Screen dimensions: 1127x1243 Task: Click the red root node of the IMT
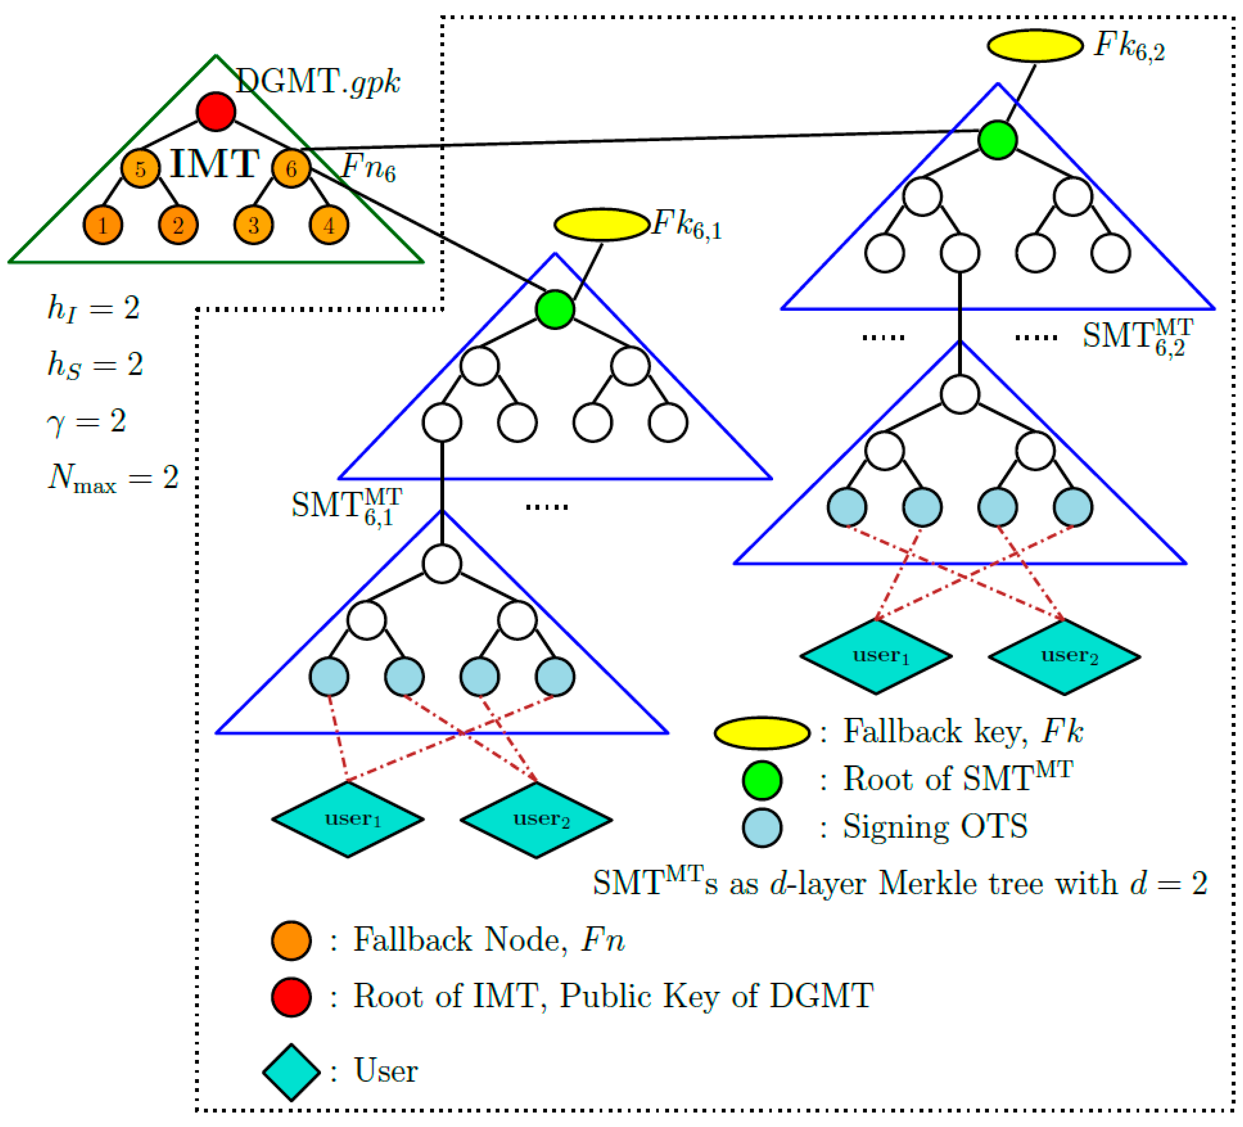[x=216, y=112]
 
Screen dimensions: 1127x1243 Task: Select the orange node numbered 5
[x=141, y=168]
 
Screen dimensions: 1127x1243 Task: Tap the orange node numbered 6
[x=291, y=168]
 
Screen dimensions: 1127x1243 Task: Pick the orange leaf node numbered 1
[x=103, y=225]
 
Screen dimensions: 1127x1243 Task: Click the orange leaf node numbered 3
[x=253, y=225]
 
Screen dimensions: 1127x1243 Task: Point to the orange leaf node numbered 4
[x=329, y=225]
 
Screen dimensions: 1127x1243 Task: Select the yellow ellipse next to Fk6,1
[x=602, y=224]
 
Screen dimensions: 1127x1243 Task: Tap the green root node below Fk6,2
[x=997, y=140]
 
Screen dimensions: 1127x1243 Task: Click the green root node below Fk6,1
[x=555, y=309]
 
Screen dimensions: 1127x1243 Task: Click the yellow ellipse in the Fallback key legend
[x=762, y=733]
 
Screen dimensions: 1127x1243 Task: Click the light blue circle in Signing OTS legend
[x=762, y=828]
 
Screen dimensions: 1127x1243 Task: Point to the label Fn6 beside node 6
[x=368, y=166]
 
